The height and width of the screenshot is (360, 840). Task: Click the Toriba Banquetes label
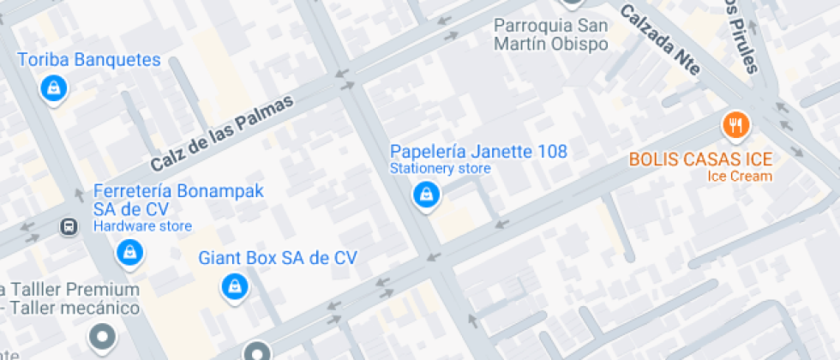pos(89,60)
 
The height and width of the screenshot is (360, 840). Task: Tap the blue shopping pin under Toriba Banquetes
pos(53,87)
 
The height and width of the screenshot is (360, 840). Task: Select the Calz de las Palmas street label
pos(221,133)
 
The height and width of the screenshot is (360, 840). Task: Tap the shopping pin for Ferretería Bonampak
pos(129,252)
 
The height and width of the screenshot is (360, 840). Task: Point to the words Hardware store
pos(142,226)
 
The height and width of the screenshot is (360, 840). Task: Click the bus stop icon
pos(67,227)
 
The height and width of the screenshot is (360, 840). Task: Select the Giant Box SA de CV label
pos(278,257)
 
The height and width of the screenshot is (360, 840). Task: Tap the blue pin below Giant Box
pos(233,286)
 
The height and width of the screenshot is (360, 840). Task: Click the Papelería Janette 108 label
pos(478,152)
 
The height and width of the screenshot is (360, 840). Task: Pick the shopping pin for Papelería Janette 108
pos(424,195)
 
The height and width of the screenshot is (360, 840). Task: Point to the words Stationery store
pos(441,169)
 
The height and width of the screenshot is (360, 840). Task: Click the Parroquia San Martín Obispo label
pos(551,34)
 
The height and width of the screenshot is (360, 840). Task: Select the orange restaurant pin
pos(735,127)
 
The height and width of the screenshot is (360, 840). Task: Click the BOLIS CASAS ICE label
pos(700,159)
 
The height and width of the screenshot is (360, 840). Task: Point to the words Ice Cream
pos(740,177)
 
